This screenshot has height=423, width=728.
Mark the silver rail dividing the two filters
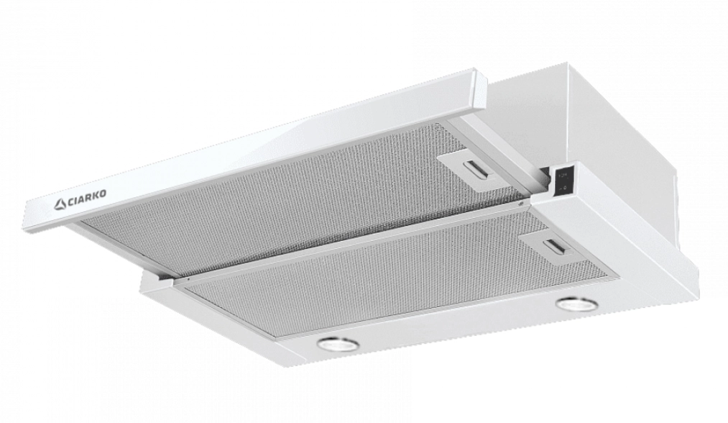[x=359, y=240]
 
